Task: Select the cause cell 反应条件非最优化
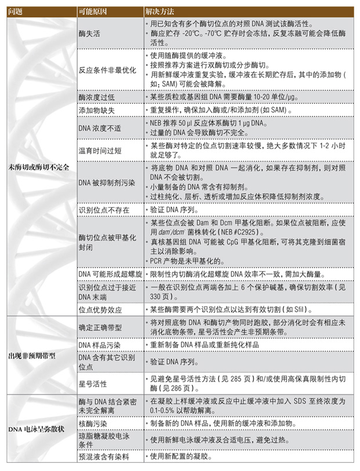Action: pyautogui.click(x=107, y=70)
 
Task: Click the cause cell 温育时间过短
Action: pyautogui.click(x=101, y=151)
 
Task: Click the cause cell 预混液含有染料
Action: pyautogui.click(x=104, y=457)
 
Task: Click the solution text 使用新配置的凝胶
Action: pyautogui.click(x=179, y=457)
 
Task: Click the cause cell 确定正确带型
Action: pyautogui.click(x=100, y=328)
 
